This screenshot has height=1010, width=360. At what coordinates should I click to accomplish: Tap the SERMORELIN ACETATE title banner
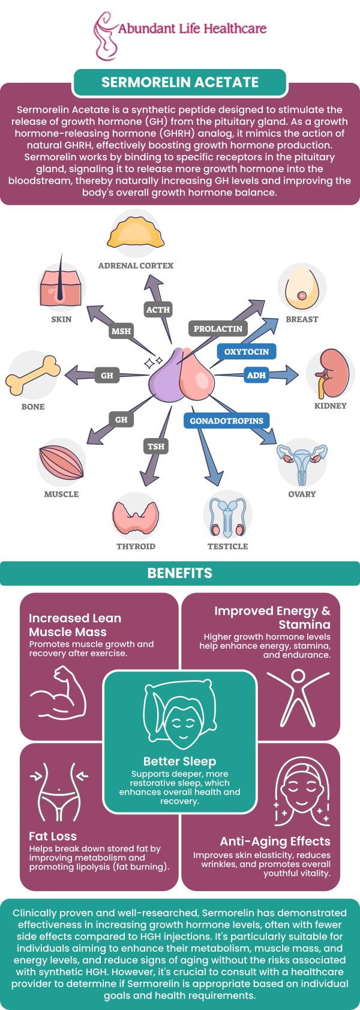point(180,82)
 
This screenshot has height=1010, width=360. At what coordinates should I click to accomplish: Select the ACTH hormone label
point(158,310)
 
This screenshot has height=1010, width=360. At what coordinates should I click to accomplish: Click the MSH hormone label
point(121,331)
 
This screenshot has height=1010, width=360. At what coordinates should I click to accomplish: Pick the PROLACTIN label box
point(218,328)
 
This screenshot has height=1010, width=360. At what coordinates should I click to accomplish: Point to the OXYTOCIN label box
point(246,352)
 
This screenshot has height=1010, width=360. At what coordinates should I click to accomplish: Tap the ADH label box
point(256,375)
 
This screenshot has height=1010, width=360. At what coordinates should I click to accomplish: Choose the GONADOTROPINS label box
point(226,421)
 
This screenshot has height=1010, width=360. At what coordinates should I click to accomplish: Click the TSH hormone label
point(156,446)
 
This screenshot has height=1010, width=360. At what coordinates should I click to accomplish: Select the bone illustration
point(33,374)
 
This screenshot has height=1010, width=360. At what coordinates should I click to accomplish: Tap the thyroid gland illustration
point(136,516)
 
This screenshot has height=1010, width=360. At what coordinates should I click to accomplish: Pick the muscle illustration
point(61,463)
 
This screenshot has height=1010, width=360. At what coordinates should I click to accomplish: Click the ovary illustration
point(302,462)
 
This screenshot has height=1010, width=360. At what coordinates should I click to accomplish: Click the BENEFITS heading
point(180,573)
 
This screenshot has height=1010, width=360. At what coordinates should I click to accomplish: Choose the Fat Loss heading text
point(53,836)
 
